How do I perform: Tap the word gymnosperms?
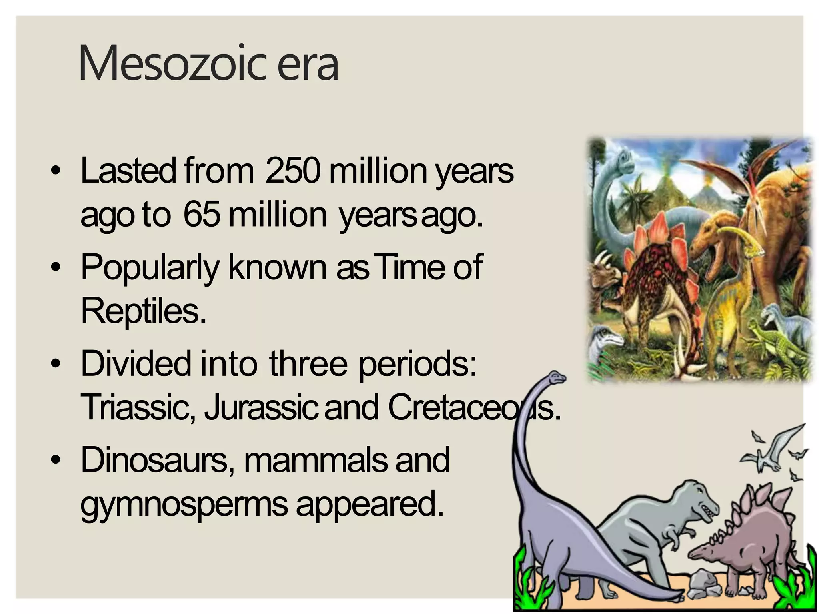[184, 504]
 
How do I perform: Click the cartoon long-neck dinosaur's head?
[557, 377]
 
